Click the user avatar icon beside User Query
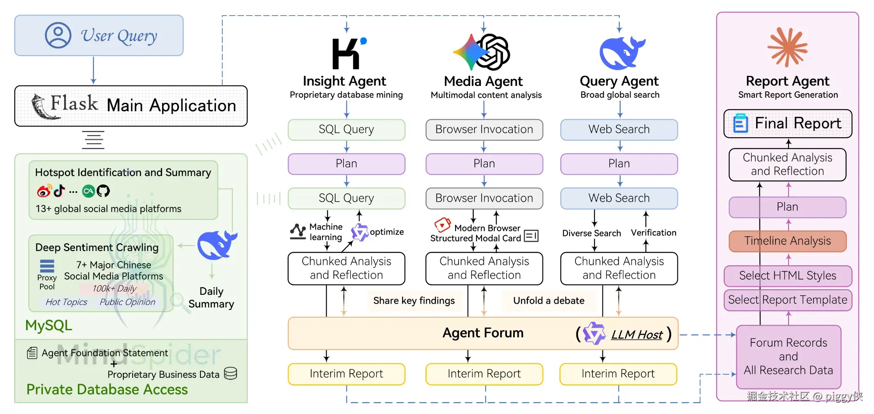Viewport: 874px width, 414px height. point(58,35)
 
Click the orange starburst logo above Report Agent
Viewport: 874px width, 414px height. point(788,47)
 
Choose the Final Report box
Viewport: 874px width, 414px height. point(788,123)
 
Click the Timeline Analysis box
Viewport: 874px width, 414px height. point(788,241)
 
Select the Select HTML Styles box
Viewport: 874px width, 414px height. point(788,276)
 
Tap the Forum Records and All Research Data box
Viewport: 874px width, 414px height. point(789,356)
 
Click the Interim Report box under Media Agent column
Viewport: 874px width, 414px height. point(484,374)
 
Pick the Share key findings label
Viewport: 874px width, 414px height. point(414,301)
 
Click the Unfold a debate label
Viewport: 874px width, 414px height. point(549,301)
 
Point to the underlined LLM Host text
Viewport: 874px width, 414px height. point(637,335)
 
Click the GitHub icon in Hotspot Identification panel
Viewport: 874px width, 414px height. point(103,191)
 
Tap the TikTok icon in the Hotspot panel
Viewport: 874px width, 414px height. point(59,191)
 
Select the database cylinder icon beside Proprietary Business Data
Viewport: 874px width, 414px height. point(230,373)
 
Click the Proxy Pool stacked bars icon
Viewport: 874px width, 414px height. point(47,266)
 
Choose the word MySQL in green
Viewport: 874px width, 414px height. point(49,326)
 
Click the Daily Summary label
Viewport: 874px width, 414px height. point(211,298)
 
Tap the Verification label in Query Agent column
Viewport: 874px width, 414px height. point(653,233)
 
